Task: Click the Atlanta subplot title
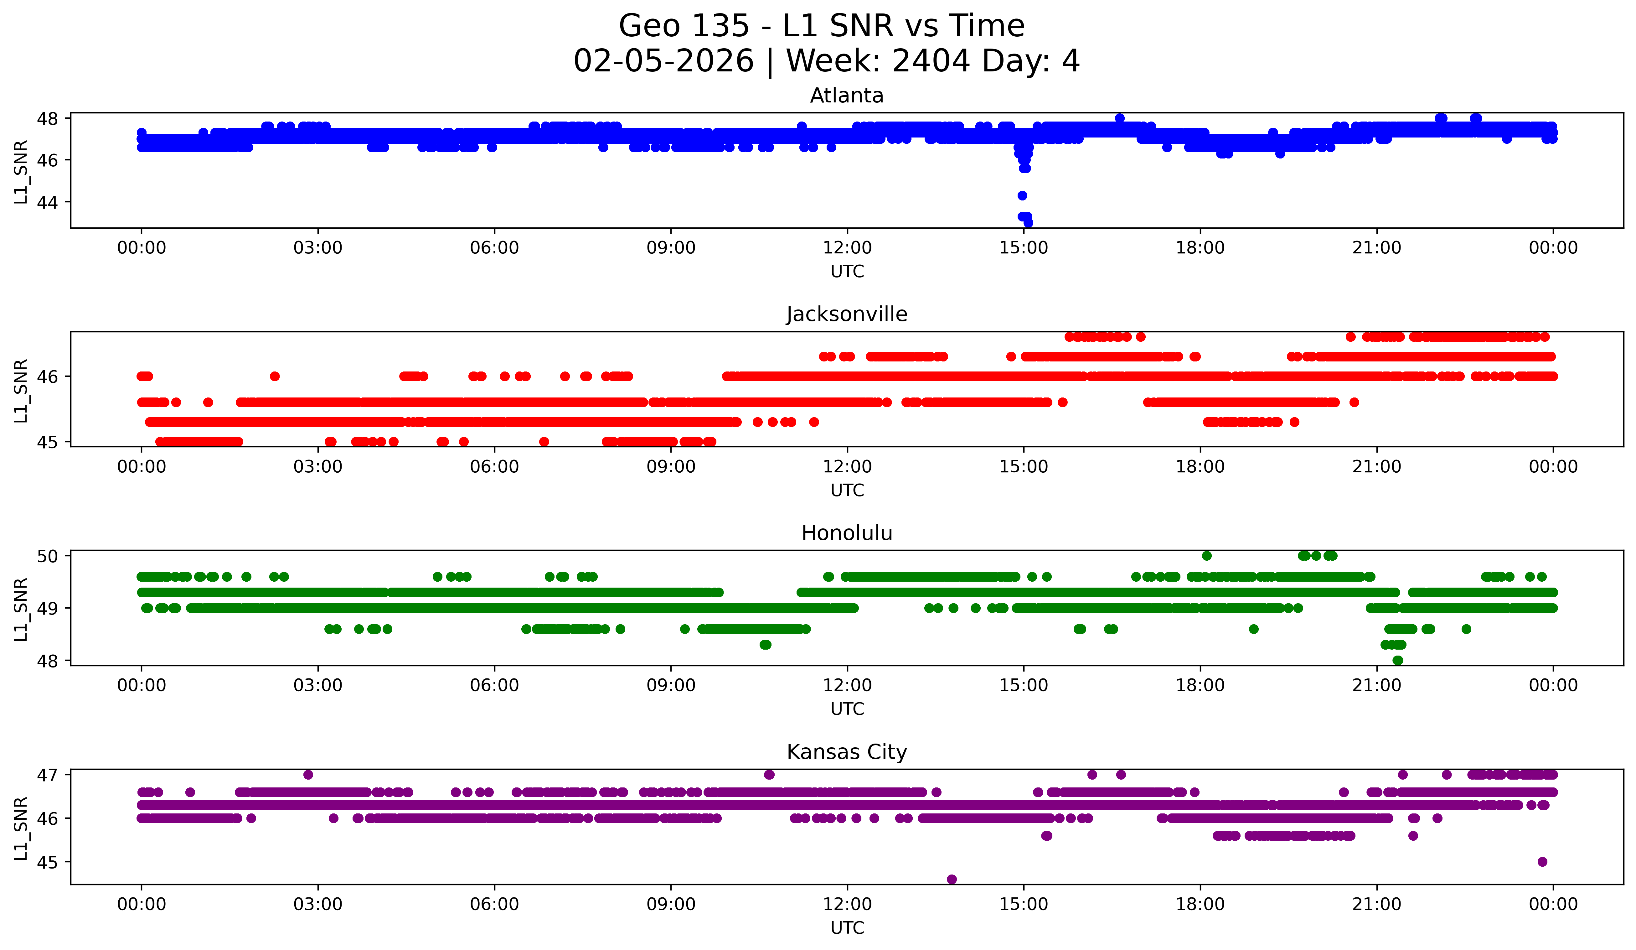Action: [847, 96]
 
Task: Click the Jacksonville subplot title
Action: [847, 314]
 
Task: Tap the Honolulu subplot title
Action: [847, 533]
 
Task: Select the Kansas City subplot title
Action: [847, 752]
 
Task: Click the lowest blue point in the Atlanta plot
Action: [1028, 223]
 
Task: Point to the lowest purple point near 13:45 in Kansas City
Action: [952, 879]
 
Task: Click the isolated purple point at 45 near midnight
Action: [1542, 862]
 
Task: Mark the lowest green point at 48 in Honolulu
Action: [1398, 660]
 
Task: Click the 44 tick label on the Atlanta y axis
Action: [47, 203]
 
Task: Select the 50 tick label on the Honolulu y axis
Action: [47, 556]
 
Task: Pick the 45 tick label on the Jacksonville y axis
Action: [47, 442]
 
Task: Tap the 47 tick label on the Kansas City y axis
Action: [47, 775]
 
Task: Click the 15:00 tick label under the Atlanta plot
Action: [1024, 248]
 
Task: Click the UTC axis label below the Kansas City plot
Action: [847, 928]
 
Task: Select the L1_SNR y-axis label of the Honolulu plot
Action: [21, 609]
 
